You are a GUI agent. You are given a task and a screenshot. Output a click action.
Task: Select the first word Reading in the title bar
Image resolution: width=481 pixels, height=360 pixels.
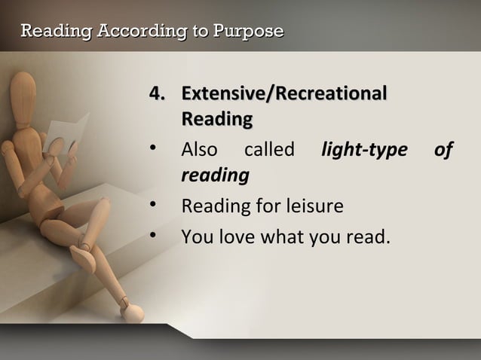(x=47, y=31)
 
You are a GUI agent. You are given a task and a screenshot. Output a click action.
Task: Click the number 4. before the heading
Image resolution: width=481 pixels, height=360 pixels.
(x=158, y=96)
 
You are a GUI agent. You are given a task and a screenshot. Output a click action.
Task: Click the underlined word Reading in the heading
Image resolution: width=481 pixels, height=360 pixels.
(x=216, y=120)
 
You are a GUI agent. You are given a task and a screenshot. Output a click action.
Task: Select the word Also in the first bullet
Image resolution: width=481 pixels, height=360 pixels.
(x=200, y=151)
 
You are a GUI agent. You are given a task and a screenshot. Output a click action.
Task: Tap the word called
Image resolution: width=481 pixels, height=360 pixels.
(x=268, y=151)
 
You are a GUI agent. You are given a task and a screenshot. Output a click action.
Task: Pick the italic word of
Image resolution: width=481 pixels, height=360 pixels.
(x=443, y=151)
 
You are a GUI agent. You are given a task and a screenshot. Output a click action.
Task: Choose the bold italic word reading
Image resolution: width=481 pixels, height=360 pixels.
(x=215, y=175)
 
